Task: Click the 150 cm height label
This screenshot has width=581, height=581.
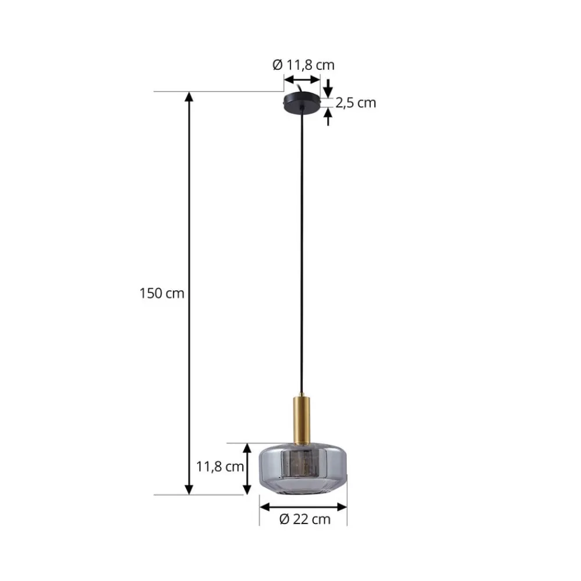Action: point(162,293)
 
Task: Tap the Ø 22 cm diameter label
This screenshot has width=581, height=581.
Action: point(304,519)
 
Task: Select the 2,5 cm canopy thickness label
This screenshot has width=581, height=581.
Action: point(356,103)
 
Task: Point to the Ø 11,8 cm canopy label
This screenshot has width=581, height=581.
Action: point(303,66)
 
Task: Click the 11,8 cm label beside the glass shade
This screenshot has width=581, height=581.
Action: point(220,466)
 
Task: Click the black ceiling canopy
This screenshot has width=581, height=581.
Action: point(302,103)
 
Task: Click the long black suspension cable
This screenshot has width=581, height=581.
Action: point(302,250)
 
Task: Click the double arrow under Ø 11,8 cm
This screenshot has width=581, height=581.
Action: point(302,80)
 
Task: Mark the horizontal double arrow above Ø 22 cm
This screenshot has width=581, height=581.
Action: point(303,507)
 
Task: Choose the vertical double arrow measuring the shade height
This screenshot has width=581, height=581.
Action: point(248,468)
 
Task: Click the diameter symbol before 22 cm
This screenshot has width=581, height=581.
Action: point(284,519)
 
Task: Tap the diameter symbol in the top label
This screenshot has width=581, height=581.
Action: point(277,66)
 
